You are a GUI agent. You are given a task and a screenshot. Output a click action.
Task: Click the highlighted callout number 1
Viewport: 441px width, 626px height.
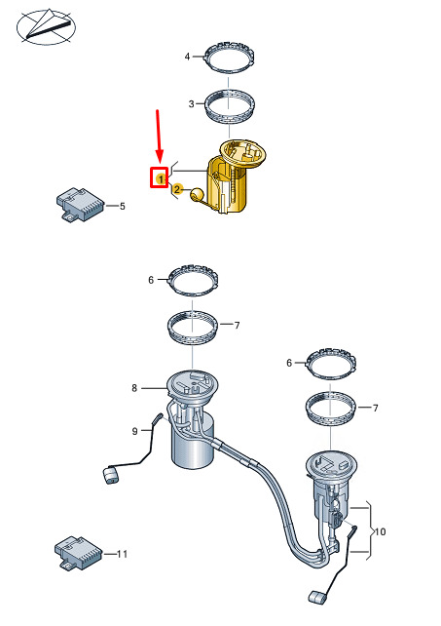click(161, 179)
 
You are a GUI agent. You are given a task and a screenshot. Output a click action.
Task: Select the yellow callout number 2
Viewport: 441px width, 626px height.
click(177, 189)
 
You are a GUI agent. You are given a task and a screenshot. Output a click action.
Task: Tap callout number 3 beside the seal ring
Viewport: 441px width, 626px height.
click(192, 103)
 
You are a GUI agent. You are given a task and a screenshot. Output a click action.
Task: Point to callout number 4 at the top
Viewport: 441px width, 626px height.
click(188, 57)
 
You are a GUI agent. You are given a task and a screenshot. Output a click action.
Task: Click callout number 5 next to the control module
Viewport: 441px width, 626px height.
click(123, 206)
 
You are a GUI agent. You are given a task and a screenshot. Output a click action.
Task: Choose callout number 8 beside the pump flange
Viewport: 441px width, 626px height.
click(134, 388)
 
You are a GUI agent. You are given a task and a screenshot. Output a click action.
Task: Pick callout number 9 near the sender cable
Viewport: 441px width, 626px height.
click(134, 431)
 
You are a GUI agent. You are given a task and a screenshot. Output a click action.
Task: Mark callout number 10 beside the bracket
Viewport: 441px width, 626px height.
click(381, 531)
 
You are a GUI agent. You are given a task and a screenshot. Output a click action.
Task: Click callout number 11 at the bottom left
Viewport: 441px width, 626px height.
click(122, 554)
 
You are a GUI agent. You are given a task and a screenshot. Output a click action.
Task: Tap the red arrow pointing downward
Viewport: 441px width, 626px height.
click(159, 136)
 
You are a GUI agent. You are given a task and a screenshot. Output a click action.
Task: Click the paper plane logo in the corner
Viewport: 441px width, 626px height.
click(46, 26)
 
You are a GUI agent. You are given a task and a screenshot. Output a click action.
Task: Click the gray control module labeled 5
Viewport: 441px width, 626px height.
click(80, 204)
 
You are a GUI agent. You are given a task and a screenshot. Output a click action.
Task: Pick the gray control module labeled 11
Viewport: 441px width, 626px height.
click(79, 553)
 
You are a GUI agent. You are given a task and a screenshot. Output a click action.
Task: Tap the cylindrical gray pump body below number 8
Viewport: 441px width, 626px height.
click(193, 443)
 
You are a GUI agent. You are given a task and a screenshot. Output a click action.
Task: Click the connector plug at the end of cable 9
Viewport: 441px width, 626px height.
click(111, 475)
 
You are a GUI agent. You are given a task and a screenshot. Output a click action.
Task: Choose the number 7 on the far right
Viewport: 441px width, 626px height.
click(375, 408)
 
